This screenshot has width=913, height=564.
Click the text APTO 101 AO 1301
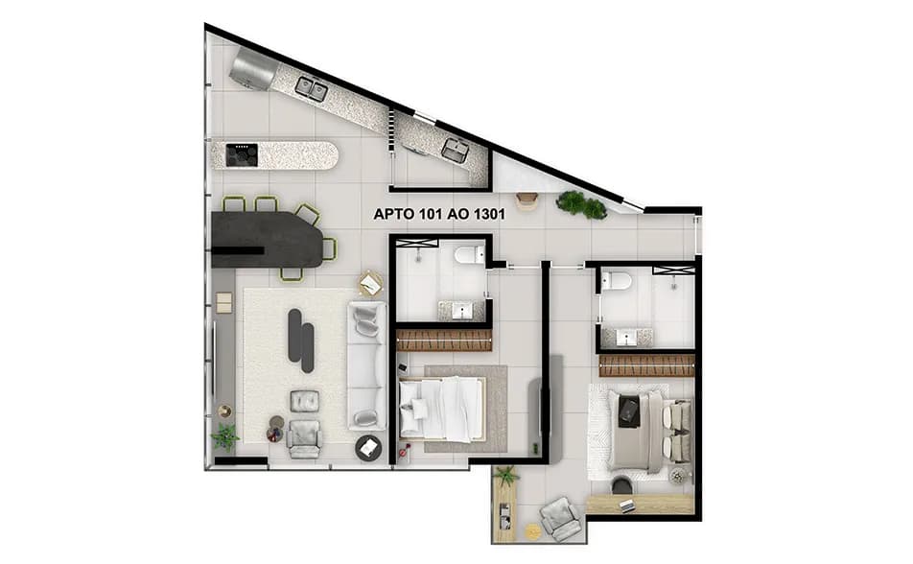tap(439, 215)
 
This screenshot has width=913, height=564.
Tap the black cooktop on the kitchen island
tap(242, 153)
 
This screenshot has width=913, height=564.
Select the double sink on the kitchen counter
tap(311, 89)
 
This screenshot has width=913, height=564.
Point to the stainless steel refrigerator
tap(253, 67)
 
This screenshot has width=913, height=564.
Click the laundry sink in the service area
tap(455, 150)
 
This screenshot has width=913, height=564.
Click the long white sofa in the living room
tap(366, 364)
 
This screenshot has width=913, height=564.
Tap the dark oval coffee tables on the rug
tap(301, 340)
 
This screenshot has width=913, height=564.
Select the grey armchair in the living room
tap(304, 436)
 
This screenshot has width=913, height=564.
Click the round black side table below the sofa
tap(368, 447)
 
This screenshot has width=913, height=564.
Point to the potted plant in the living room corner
tap(224, 436)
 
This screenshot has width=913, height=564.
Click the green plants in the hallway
tap(582, 203)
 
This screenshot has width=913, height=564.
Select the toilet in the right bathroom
tap(617, 280)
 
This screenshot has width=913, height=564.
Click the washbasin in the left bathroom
tap(463, 311)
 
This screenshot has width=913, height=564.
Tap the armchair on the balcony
tap(559, 519)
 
